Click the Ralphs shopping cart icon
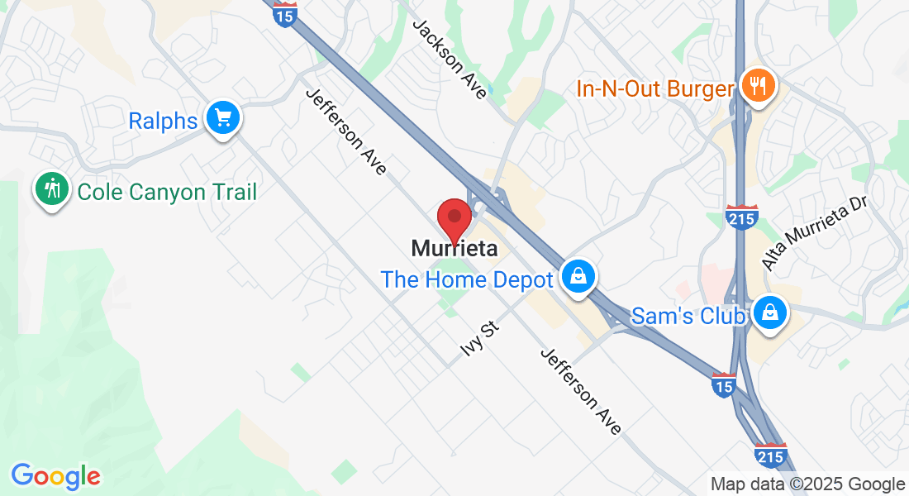(222, 118)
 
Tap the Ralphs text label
(163, 121)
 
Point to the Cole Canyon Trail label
(167, 192)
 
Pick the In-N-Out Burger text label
(655, 88)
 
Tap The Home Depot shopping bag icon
(578, 276)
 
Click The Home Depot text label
(466, 279)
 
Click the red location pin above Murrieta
(454, 219)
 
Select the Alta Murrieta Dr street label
(813, 234)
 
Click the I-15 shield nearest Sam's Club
(724, 384)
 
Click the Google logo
(55, 475)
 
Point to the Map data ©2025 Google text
(808, 484)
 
